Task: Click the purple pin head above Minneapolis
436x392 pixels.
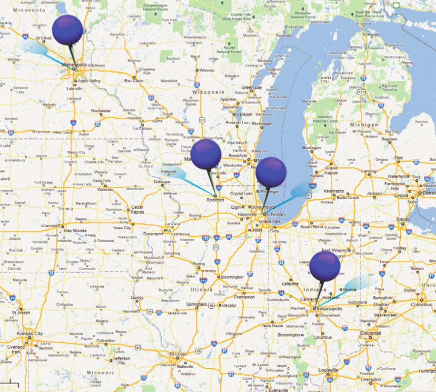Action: coord(67,29)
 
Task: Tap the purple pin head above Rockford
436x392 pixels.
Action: coord(206,154)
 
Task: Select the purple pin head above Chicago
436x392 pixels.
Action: coord(271,172)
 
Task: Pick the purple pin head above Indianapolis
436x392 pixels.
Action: coord(325,266)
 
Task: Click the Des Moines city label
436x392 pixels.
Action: coord(75,231)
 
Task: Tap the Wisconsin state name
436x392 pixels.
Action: coord(208,92)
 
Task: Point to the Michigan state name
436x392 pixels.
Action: coord(364,125)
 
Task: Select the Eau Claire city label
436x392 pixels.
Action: coord(133,80)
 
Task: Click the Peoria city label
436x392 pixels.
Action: coord(199,264)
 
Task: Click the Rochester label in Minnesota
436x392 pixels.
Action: coord(101,111)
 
